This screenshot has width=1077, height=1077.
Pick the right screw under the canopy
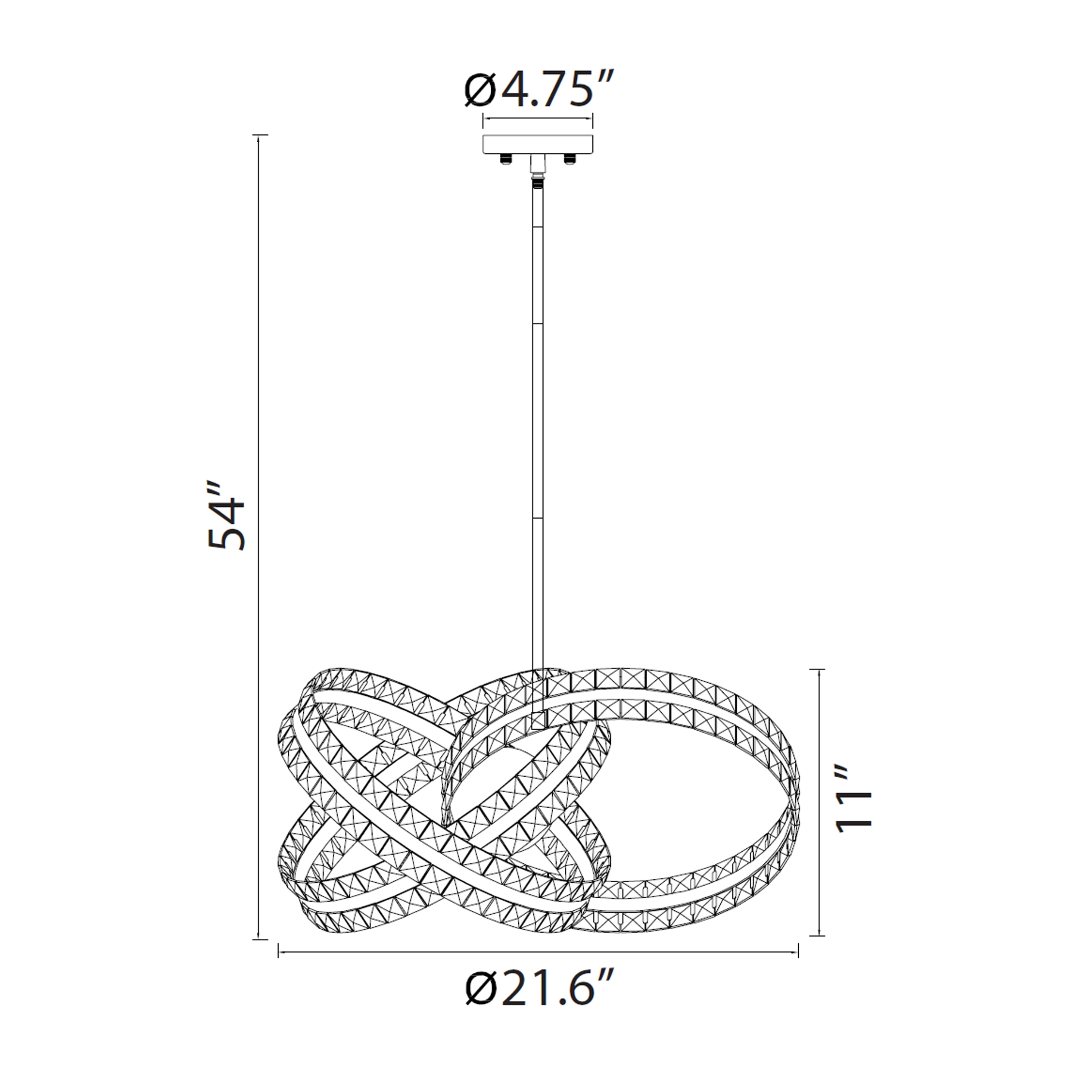pyautogui.click(x=570, y=159)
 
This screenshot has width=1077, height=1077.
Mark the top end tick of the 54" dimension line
pyautogui.click(x=260, y=135)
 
